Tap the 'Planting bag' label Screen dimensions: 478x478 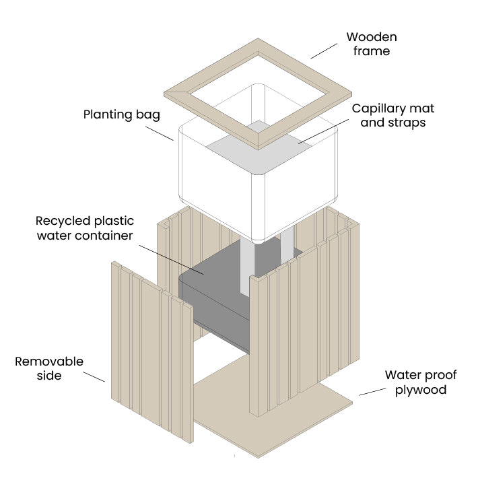122,114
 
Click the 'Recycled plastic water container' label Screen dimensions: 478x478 85,228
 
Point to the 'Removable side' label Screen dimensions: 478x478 49,368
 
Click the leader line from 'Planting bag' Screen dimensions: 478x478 161,133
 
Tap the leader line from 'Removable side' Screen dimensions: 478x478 96,375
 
